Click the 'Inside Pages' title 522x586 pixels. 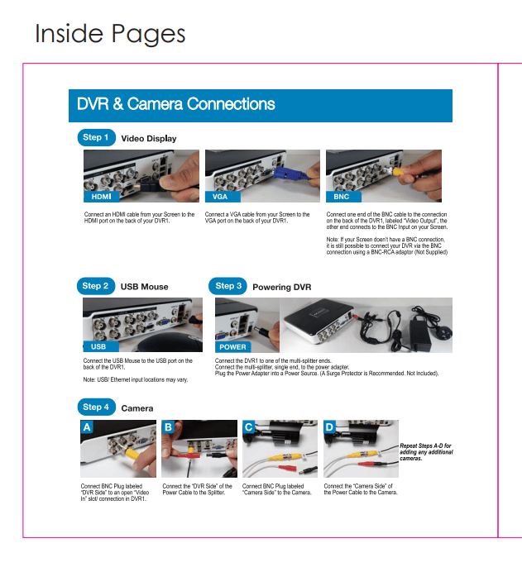(x=110, y=34)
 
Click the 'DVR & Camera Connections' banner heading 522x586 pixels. (x=176, y=104)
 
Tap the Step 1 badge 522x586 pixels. (x=96, y=137)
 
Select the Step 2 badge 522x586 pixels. (x=96, y=286)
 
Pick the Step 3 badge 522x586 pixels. (x=227, y=286)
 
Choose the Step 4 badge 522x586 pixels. (x=96, y=407)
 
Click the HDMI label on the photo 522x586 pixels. (x=102, y=197)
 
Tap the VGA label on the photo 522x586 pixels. (x=223, y=197)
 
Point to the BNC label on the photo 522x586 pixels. (x=343, y=197)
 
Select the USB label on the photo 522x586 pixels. (x=101, y=346)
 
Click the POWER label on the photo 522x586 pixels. (x=232, y=347)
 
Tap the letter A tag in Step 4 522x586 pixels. (x=87, y=427)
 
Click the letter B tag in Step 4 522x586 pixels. (x=168, y=427)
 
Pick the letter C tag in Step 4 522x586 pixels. (x=249, y=427)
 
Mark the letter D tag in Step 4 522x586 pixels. (x=330, y=427)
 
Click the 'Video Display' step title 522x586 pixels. (x=149, y=139)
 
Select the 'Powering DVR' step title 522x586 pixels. (x=282, y=287)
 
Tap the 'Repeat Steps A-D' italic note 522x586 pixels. (x=426, y=452)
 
